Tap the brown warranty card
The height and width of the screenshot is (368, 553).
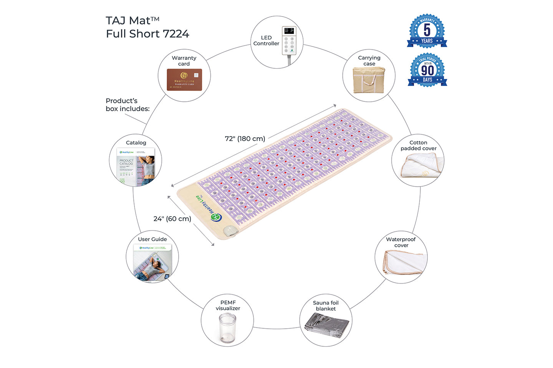pos(184,80)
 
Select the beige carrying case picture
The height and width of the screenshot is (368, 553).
pos(369,80)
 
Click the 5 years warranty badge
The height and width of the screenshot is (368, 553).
pos(427,31)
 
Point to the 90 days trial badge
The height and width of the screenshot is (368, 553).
pos(427,70)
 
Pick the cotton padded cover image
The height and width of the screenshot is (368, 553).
pos(422,166)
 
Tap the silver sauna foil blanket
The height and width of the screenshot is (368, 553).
pos(326,326)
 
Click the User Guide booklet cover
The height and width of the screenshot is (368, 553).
pos(152,263)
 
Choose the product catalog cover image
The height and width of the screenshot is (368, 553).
pos(136,166)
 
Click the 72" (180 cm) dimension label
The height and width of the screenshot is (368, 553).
pos(245,139)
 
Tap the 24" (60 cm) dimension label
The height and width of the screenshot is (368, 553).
pos(172,219)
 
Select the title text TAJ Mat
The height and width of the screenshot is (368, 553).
pos(132,20)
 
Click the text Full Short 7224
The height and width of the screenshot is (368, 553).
pos(147,34)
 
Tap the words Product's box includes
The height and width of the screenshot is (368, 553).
pos(127,105)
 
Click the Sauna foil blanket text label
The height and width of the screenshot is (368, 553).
pos(326,306)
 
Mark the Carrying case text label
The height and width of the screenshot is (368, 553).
pos(369,61)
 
